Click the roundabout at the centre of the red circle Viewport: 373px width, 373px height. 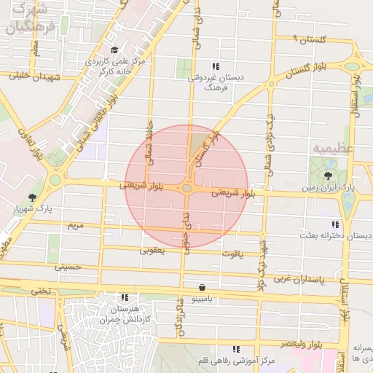click(x=187, y=189)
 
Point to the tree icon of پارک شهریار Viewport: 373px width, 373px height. click(x=31, y=197)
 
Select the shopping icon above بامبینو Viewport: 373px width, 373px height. click(x=201, y=286)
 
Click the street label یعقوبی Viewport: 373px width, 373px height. click(x=152, y=250)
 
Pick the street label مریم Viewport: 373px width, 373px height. click(x=76, y=226)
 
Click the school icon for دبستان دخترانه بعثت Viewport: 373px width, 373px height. click(x=334, y=224)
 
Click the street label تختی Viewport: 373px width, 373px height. click(x=41, y=291)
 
